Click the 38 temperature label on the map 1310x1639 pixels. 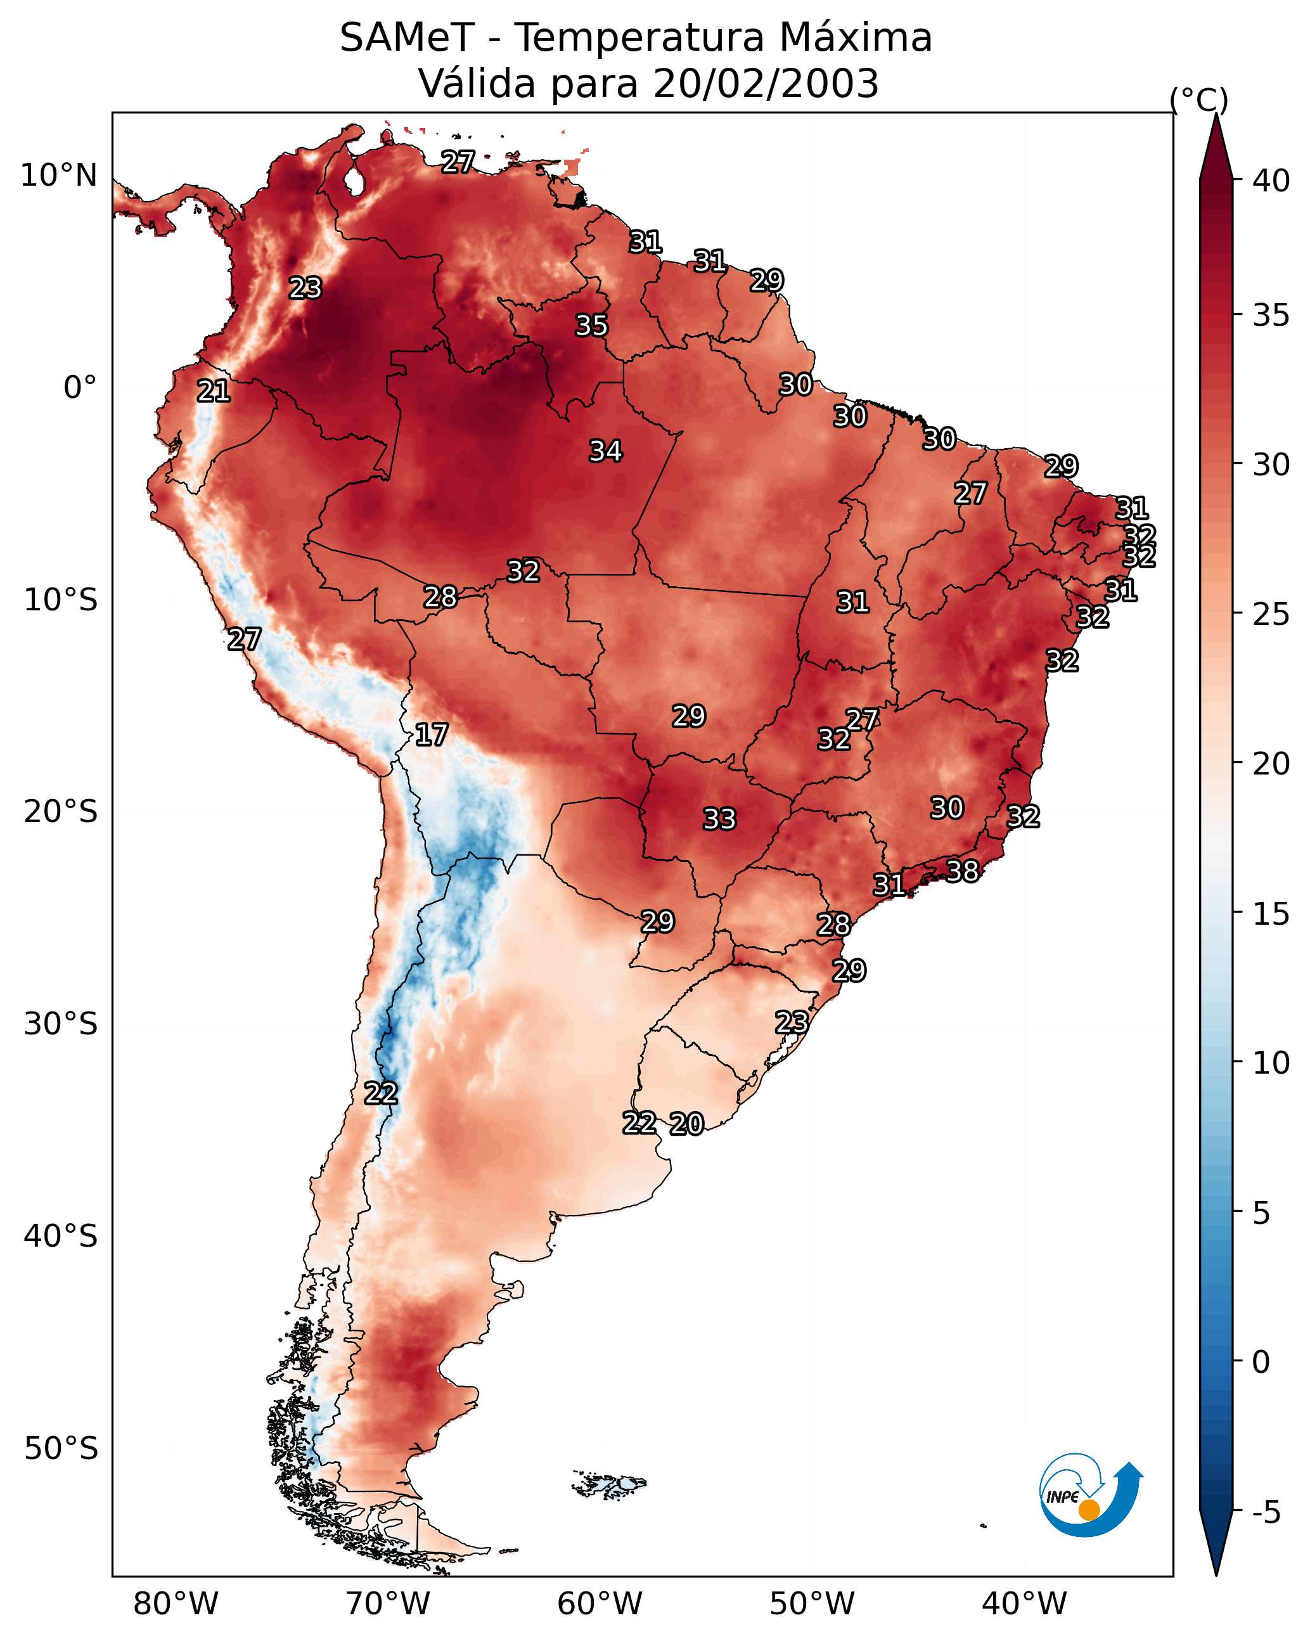(x=962, y=870)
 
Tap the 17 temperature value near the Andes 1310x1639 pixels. (x=431, y=735)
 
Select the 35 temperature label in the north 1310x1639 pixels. (x=591, y=325)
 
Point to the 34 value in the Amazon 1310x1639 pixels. (x=605, y=451)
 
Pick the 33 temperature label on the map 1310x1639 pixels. (x=719, y=819)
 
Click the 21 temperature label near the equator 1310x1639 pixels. (x=213, y=391)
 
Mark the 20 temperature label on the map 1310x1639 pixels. (x=686, y=1124)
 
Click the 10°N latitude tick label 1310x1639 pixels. (x=58, y=176)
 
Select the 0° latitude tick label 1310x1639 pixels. (x=80, y=388)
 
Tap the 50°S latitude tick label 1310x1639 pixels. (x=60, y=1448)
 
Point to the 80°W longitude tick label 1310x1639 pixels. (x=176, y=1604)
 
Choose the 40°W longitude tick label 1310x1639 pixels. (x=1024, y=1604)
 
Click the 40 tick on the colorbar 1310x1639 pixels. (x=1271, y=181)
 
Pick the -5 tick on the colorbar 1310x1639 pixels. (x=1266, y=1512)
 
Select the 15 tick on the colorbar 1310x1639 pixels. (x=1271, y=914)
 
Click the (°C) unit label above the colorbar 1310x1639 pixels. (x=1198, y=100)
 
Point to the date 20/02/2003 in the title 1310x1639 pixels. (x=766, y=83)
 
